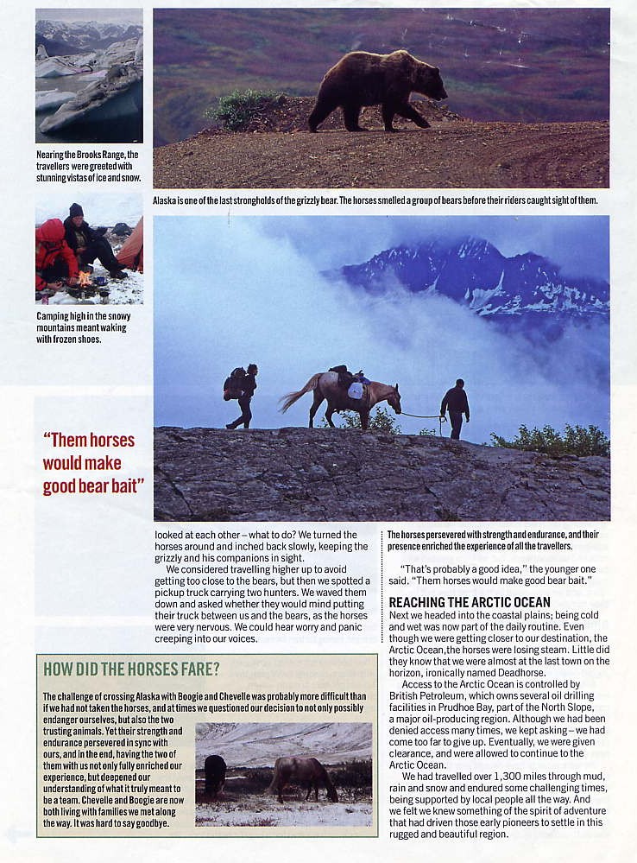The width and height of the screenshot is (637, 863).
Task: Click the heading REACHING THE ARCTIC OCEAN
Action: pos(469,602)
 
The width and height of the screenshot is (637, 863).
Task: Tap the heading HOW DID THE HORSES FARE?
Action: pos(131,669)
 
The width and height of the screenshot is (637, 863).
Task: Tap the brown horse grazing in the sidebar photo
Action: pos(302,776)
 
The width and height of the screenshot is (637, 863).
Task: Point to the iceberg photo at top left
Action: pos(89,75)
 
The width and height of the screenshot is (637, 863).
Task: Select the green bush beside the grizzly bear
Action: pos(243,108)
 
